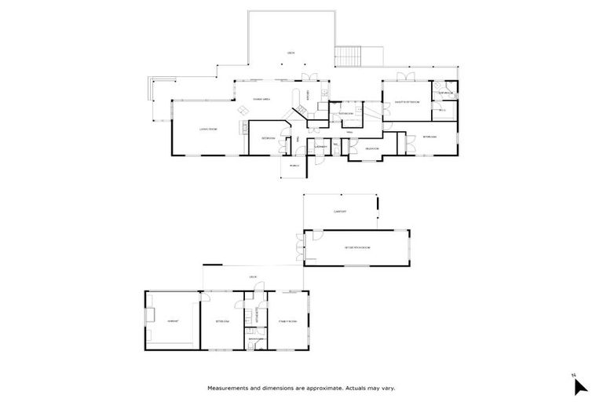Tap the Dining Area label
(261, 99)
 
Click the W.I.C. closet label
(442, 110)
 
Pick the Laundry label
(320, 147)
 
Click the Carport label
(340, 211)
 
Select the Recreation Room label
(356, 247)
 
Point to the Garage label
(172, 320)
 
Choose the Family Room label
(286, 320)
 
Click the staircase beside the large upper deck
(347, 56)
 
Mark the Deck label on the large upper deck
(291, 53)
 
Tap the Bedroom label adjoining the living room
(268, 137)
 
